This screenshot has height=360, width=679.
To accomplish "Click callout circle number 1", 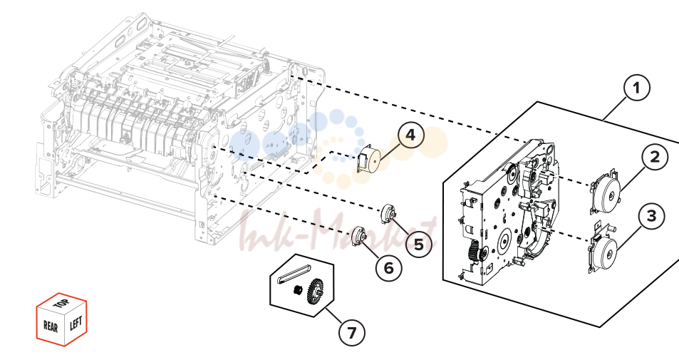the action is point(636,88).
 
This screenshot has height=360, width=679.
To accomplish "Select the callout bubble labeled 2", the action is point(655,156).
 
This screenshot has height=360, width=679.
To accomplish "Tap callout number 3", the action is point(652,215).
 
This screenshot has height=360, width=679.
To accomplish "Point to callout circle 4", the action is point(410,135).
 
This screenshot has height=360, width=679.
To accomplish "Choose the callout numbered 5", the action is point(419,244).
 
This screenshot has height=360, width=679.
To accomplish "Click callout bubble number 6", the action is point(388,268).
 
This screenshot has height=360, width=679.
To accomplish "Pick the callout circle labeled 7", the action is point(352,333).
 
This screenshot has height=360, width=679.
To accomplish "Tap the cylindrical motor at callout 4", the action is point(368,160).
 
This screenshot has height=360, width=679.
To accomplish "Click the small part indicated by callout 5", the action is point(388,214).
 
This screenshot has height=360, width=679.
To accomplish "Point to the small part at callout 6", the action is point(358,236).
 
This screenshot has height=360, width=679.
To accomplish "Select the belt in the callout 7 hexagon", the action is point(294,274).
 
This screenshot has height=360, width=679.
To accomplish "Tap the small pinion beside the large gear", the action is point(298,289).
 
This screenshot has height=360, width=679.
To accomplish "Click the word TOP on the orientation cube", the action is point(61,302).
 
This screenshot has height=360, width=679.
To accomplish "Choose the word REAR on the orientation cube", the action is point(51,326).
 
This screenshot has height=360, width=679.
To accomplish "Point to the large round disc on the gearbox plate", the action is point(505,240).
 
